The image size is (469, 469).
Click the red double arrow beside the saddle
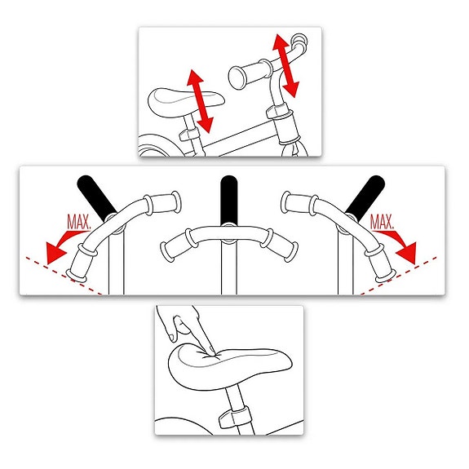point(199,100)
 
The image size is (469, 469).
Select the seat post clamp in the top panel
point(188,131)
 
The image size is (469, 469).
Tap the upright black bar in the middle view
point(228,200)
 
